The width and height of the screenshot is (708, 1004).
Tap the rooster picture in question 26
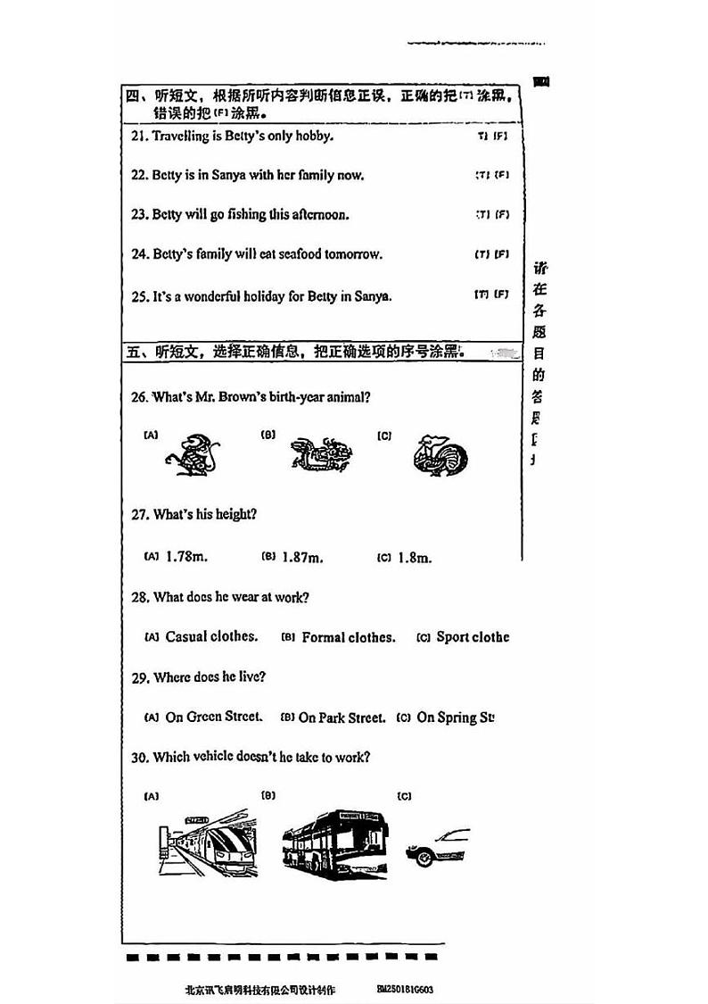[440, 454]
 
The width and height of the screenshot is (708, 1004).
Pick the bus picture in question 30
[335, 840]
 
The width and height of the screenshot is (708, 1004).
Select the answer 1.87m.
[302, 558]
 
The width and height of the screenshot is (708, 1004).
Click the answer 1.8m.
[414, 558]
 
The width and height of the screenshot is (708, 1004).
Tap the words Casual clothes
[211, 637]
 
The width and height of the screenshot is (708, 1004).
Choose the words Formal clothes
[349, 637]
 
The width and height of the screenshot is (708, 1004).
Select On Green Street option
[214, 717]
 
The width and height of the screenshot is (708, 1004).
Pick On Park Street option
[342, 718]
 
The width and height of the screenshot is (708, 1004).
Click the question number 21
[138, 136]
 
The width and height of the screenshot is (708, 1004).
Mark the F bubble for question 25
[502, 294]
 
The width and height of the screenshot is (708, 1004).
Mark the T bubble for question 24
[482, 254]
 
